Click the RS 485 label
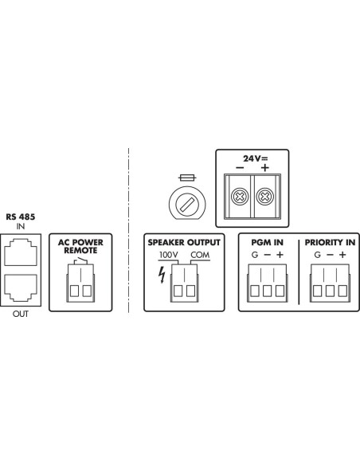click(21, 217)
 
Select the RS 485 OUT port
click(21, 288)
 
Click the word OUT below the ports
click(21, 314)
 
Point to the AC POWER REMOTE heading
click(80, 247)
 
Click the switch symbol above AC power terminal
click(80, 261)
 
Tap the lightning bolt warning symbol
click(162, 275)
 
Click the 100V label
click(168, 255)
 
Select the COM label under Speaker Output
click(200, 255)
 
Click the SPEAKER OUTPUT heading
click(184, 242)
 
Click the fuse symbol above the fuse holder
click(187, 178)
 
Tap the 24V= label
click(256, 158)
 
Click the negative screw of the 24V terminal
click(239, 197)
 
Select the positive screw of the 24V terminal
click(264, 197)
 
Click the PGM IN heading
click(267, 242)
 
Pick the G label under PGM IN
click(255, 255)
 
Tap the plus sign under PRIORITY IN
click(342, 255)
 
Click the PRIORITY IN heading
click(330, 242)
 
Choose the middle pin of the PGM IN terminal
click(267, 291)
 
